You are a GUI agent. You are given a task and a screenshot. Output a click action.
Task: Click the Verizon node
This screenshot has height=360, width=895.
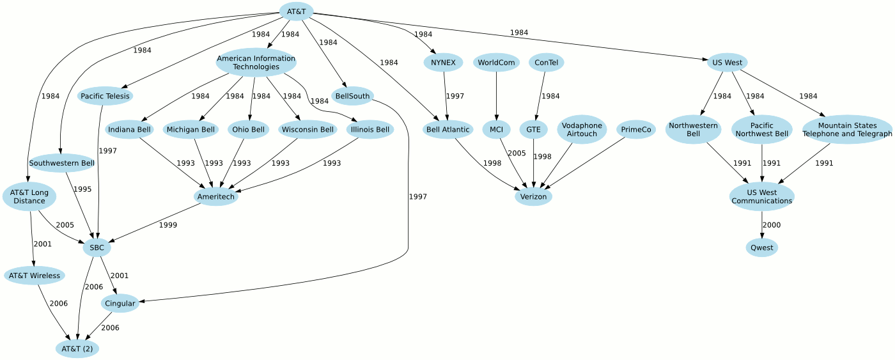tap(533, 196)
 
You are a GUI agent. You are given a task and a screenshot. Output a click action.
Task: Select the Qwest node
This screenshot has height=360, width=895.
tap(761, 247)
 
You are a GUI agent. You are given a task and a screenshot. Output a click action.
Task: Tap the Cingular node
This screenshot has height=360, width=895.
tap(120, 303)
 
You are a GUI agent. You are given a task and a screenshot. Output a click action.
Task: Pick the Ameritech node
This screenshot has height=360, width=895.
tap(216, 196)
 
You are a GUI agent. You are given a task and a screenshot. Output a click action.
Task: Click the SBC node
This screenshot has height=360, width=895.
tap(97, 247)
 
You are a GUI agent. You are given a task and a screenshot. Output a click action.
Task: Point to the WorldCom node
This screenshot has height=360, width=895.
tap(496, 63)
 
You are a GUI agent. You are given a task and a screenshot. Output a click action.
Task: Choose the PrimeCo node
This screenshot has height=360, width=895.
tap(636, 130)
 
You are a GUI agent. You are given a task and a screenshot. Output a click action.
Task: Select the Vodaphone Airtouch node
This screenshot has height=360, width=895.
tap(582, 130)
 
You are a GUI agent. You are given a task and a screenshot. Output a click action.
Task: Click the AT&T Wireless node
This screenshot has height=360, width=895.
tap(35, 276)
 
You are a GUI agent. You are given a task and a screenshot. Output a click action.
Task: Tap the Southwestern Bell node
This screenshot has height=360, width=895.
tap(61, 163)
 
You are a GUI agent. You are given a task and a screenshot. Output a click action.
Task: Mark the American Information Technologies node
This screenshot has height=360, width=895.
tap(256, 63)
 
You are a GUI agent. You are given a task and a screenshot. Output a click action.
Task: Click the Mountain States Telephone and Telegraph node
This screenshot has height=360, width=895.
tap(847, 130)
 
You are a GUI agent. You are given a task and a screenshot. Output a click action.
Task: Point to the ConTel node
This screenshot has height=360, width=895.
tap(546, 63)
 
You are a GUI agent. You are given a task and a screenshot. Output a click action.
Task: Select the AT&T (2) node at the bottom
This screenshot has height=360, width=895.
tap(77, 348)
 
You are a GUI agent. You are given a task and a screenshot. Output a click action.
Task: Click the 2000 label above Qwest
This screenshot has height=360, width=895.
tap(772, 225)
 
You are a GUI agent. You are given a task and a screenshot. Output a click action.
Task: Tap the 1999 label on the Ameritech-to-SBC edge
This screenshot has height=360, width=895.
tap(168, 225)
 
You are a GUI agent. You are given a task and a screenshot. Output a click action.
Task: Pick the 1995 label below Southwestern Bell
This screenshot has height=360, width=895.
tap(82, 189)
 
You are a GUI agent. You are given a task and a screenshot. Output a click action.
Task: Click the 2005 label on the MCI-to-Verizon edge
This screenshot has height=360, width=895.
tap(517, 153)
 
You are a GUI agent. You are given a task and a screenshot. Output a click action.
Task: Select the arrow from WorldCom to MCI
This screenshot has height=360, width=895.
tap(496, 96)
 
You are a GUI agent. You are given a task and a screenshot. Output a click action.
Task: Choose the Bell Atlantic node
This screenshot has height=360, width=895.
tap(447, 130)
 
